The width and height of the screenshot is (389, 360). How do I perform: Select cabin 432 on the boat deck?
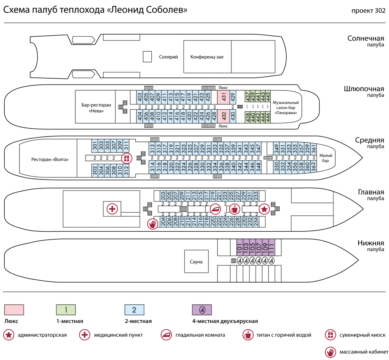[224, 116]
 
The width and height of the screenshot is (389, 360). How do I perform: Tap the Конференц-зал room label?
[207, 57]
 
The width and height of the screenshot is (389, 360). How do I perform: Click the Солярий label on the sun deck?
[168, 57]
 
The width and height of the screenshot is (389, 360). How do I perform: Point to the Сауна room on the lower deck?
[196, 262]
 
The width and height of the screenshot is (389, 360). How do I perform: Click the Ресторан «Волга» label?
[50, 159]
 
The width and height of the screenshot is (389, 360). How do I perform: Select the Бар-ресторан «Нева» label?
[96, 108]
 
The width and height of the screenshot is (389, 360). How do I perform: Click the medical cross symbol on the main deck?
[112, 209]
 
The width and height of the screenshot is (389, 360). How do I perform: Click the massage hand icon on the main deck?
[152, 224]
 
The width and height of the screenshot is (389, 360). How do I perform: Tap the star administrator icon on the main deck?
[264, 209]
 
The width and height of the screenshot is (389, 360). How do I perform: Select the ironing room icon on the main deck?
[215, 209]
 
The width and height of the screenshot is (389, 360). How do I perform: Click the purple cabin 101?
[240, 246]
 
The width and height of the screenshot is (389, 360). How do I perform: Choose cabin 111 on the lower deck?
[271, 246]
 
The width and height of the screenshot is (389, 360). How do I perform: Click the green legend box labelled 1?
[66, 310]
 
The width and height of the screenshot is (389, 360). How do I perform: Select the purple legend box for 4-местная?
[202, 310]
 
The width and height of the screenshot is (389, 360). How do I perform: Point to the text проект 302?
[368, 10]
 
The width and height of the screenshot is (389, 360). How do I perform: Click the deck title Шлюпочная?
[364, 89]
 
